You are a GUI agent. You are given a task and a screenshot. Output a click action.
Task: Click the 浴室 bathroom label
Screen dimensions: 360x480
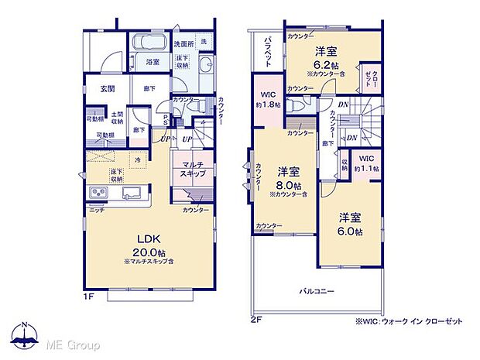pos(153,62)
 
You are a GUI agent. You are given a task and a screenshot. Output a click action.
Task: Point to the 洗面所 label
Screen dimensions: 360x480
pos(183,43)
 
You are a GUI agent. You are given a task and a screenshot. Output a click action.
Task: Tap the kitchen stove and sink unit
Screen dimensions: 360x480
pos(116,193)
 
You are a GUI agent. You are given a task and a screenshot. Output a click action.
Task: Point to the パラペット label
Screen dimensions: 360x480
pos(266,51)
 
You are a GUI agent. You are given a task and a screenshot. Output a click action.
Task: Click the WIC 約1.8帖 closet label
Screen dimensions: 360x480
pos(266,100)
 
